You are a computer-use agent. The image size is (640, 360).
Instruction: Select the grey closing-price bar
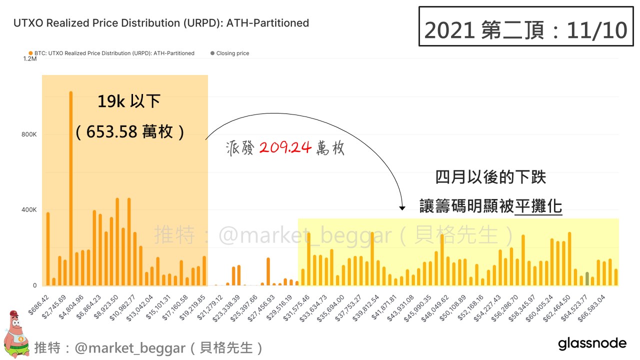(587, 279)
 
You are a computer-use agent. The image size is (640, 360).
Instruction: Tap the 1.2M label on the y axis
(30, 59)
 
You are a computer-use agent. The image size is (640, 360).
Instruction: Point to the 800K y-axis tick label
(28, 134)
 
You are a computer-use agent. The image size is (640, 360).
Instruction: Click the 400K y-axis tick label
(28, 210)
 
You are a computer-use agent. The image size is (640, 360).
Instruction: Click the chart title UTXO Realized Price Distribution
(161, 23)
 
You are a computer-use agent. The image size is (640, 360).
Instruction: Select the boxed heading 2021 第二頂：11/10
(525, 29)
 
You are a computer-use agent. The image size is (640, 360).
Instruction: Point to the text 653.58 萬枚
(129, 131)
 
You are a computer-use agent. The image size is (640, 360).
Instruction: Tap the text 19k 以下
(128, 101)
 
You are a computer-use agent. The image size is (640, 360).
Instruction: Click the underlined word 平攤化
(538, 206)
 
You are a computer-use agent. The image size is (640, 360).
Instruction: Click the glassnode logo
(592, 344)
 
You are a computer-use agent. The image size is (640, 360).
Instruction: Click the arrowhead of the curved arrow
(402, 207)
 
